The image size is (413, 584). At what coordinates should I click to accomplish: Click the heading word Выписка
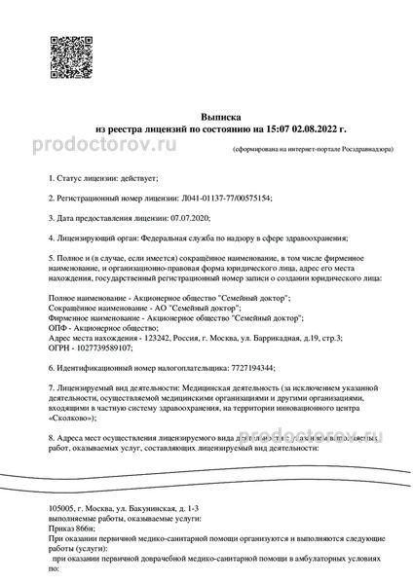click(x=206, y=114)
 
